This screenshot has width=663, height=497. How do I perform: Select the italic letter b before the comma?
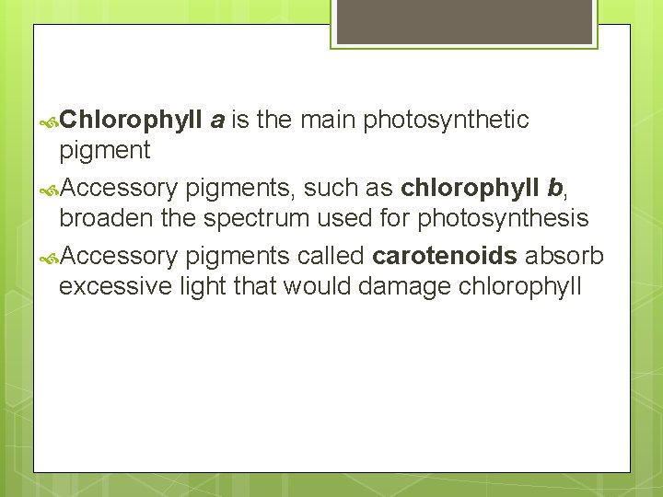[x=554, y=189]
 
